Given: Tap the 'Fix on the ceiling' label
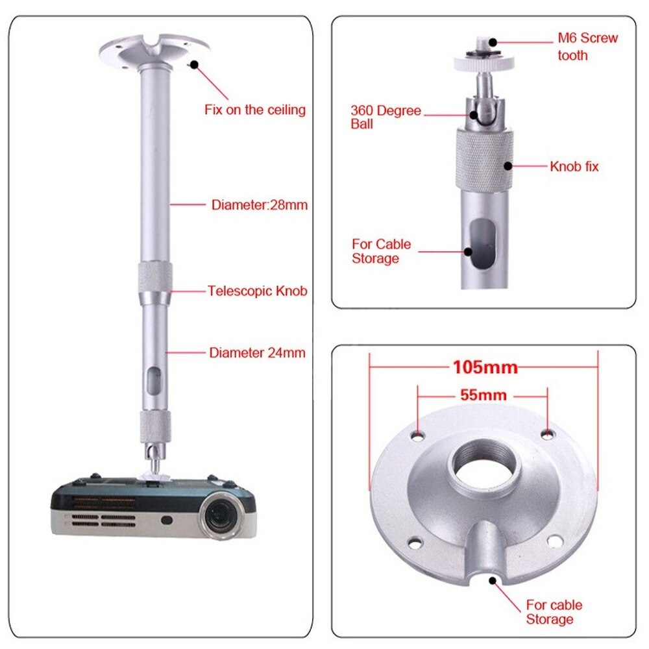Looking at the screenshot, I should [x=255, y=110].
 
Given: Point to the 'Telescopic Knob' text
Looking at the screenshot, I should [x=258, y=291].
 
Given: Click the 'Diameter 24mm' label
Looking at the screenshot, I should [x=257, y=353].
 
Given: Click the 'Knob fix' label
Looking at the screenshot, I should [x=574, y=167].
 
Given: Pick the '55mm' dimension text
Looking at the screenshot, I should [x=483, y=395].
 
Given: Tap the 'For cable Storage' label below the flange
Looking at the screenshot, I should [x=554, y=612].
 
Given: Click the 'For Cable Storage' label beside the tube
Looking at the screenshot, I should [x=381, y=251].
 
